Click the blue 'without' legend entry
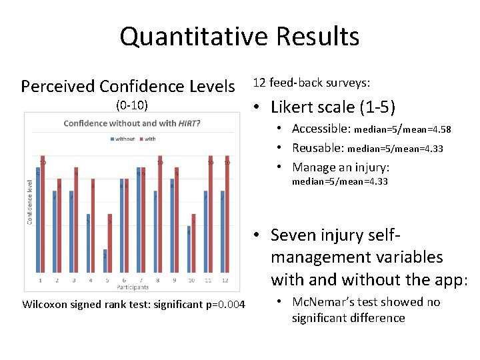123,139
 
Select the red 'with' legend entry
147,139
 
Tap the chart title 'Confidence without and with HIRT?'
131,123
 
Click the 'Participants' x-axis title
133,287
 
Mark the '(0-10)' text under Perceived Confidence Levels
131,105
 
